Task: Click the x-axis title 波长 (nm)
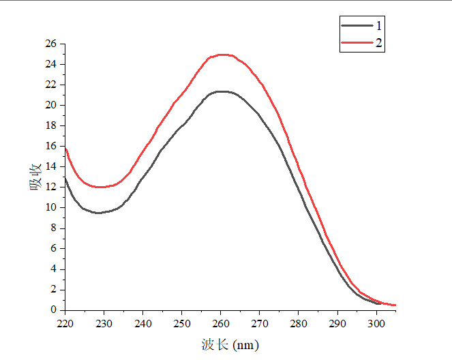[230, 346]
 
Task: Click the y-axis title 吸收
[36, 176]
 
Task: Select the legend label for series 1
[378, 25]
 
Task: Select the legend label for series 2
[378, 43]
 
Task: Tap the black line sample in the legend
[355, 25]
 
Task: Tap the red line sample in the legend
[355, 43]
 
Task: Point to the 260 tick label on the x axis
[221, 324]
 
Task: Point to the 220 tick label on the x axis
[65, 324]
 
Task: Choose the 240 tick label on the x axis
[143, 324]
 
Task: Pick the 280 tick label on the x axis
[299, 324]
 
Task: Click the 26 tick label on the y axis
[50, 44]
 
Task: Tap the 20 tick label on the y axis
[50, 105]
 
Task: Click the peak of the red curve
[222, 55]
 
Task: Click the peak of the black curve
[221, 91]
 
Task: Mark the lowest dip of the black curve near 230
[98, 213]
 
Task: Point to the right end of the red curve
[395, 305]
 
